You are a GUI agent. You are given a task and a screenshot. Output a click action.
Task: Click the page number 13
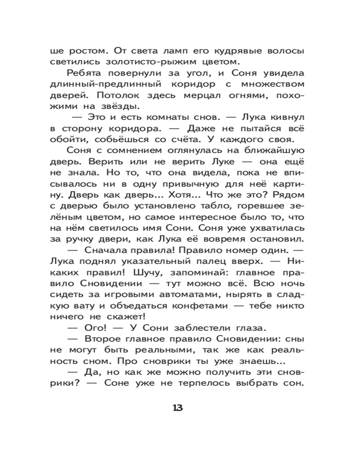[x=177, y=408]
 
